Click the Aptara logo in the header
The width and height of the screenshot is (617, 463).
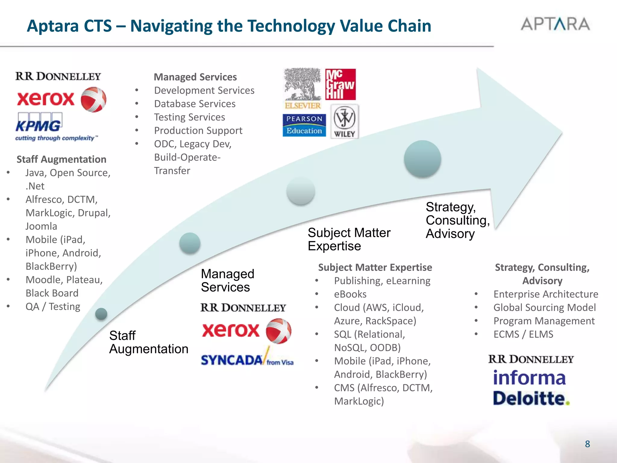(x=555, y=24)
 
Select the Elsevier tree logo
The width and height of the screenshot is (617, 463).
(x=303, y=88)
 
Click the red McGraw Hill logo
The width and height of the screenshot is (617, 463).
(x=340, y=84)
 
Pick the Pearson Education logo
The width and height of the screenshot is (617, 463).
(x=304, y=125)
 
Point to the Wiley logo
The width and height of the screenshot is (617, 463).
(x=344, y=121)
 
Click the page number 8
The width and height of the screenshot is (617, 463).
(x=587, y=444)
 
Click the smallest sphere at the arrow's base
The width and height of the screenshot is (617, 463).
(x=101, y=314)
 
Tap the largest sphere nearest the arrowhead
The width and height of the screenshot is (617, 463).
(x=422, y=159)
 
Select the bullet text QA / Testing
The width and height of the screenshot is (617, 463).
(x=53, y=307)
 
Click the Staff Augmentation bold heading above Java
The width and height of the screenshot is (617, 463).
(x=61, y=159)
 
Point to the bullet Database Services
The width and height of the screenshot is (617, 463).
(x=195, y=104)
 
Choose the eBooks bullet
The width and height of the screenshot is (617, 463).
(x=350, y=294)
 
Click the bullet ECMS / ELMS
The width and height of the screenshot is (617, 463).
(x=523, y=334)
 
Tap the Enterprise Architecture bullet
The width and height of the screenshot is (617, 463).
(x=546, y=294)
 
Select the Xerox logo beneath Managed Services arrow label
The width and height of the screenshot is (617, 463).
(x=246, y=331)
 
